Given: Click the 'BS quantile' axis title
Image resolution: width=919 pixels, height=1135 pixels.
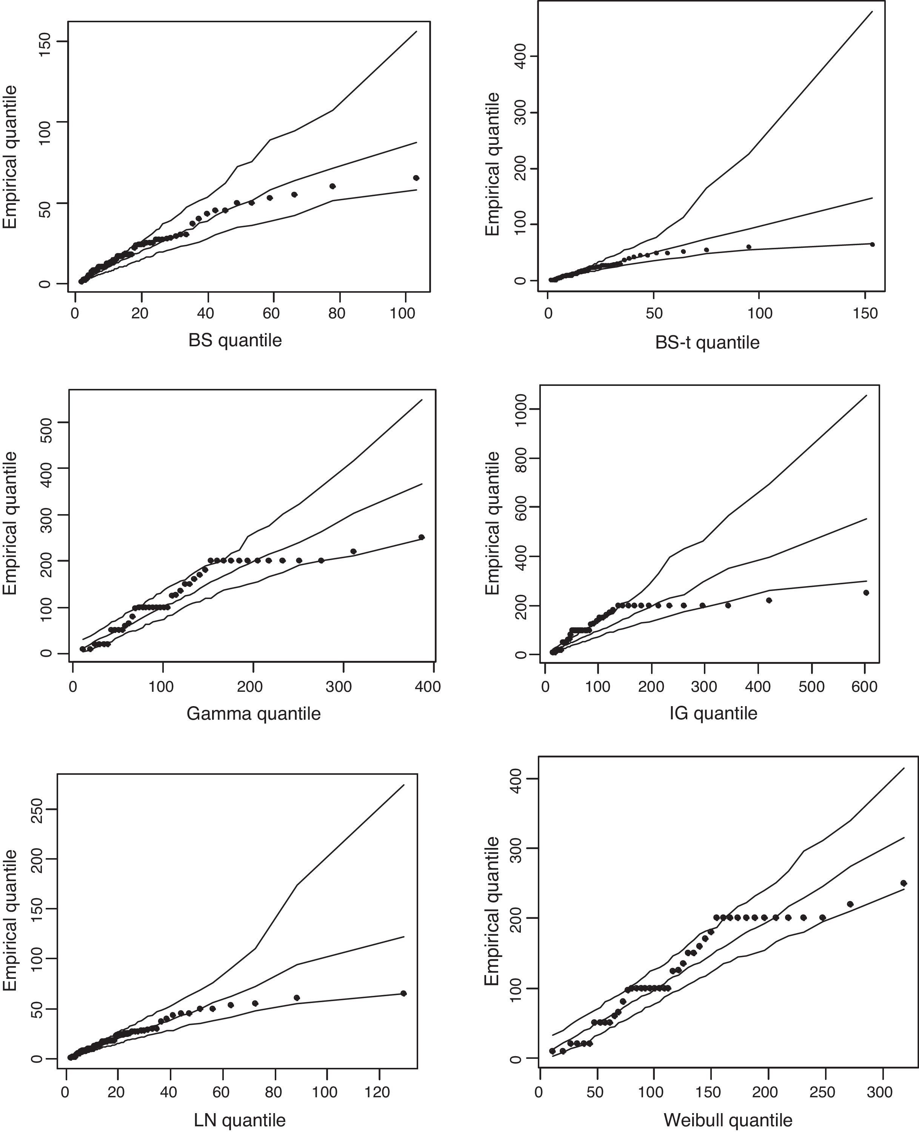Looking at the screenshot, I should click(235, 340).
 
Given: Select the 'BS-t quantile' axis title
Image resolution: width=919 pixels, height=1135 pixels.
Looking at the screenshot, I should click(707, 343).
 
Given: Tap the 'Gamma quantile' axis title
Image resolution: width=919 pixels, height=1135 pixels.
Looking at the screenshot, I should click(254, 714).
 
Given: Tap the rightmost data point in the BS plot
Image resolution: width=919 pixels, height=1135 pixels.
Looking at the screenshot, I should click(416, 178).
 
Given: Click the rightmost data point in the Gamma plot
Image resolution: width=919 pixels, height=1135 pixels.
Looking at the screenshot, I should click(422, 537).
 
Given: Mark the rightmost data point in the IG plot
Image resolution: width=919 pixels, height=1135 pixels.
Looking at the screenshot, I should click(866, 593).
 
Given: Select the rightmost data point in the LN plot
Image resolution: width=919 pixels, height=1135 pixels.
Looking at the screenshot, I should click(403, 993).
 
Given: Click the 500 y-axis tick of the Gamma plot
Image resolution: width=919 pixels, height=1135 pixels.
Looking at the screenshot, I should click(46, 422).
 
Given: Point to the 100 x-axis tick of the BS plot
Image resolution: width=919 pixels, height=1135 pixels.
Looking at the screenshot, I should click(402, 313).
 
